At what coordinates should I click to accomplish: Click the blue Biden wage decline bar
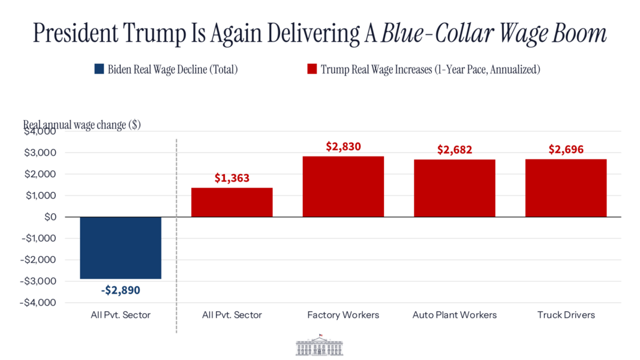121,248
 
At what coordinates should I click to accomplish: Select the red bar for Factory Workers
343,187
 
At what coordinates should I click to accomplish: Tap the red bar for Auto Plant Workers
455,188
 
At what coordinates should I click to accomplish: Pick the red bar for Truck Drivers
566,188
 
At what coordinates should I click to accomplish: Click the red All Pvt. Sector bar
232,202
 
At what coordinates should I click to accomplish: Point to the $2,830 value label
343,146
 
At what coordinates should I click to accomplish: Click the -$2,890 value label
121,290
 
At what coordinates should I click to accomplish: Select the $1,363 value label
232,178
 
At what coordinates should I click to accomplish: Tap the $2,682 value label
455,149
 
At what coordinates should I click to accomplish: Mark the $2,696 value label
566,149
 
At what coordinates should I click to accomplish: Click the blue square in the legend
100,69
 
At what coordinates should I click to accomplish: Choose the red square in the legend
311,69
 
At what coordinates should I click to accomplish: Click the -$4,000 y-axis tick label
40,302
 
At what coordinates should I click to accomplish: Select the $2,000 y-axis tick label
41,174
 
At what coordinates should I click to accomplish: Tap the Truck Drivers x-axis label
566,315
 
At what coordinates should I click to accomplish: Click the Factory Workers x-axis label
343,315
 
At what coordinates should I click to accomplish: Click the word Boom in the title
579,34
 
